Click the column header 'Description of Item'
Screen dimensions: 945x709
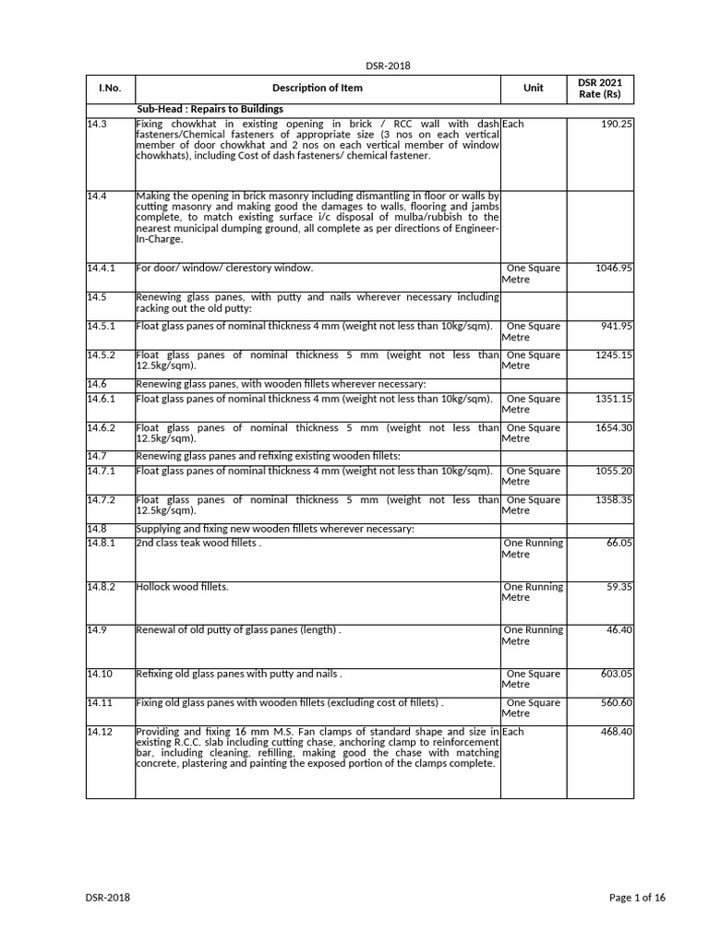(317, 89)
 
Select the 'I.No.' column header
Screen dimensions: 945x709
(110, 89)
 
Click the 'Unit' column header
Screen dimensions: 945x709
(533, 89)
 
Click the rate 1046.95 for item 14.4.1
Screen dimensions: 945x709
(614, 269)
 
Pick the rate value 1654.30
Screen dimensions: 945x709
(614, 428)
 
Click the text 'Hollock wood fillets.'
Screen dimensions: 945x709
(182, 587)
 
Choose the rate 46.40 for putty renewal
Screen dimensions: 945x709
(619, 630)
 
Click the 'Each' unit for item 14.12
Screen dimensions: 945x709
(512, 732)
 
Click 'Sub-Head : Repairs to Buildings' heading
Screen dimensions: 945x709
(210, 109)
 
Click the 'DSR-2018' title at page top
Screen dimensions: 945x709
(389, 66)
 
